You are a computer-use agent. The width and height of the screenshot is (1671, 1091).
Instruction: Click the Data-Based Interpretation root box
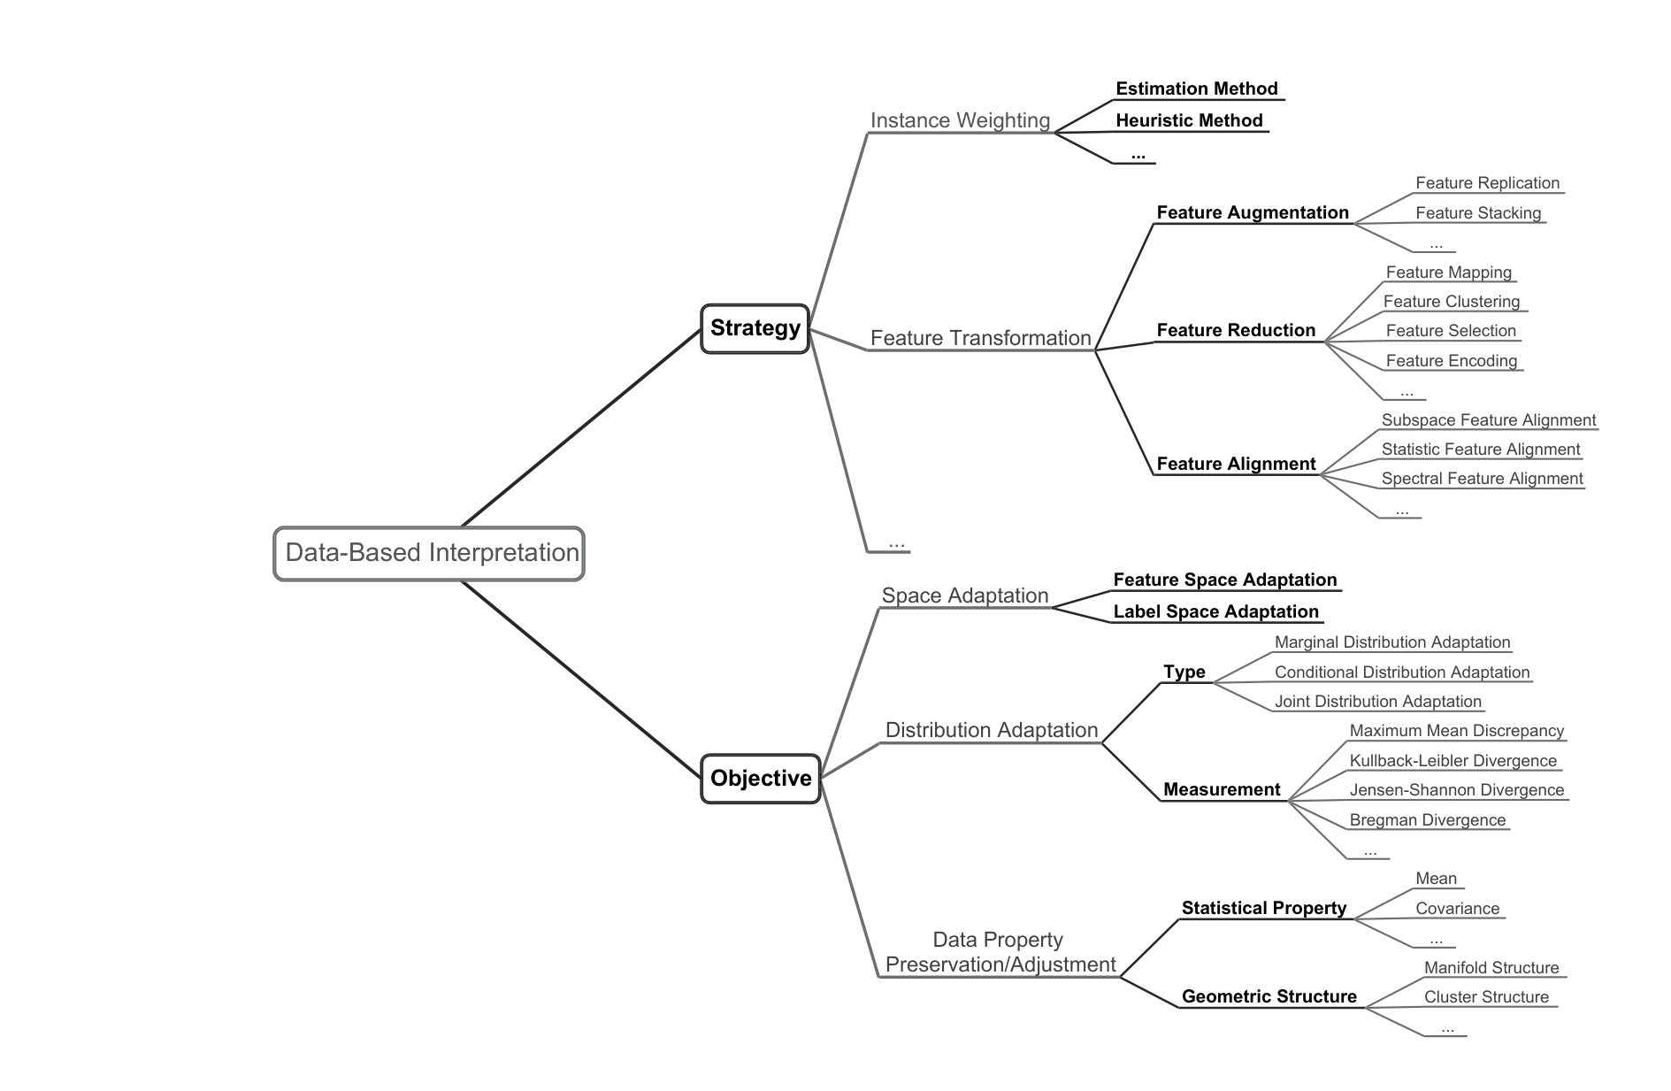429,553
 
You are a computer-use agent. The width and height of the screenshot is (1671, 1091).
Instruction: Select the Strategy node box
755,328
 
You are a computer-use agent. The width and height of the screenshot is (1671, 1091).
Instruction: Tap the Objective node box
761,779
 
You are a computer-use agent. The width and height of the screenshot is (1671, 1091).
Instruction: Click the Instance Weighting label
960,120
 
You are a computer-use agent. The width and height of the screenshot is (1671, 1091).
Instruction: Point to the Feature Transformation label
980,338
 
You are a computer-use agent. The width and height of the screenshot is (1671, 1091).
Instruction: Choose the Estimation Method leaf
1197,88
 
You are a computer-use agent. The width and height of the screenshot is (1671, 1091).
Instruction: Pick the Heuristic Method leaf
1189,120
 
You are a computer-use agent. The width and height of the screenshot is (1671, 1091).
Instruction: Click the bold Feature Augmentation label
1253,212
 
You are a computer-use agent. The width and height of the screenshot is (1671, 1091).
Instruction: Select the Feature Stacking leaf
1478,213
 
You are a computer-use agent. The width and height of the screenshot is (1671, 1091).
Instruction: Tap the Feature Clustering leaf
1452,302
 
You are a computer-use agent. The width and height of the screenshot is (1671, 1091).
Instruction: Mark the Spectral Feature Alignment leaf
1482,479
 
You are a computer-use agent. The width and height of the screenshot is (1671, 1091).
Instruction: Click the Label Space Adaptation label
1215,611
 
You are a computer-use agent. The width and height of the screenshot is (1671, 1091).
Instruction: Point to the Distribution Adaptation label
992,730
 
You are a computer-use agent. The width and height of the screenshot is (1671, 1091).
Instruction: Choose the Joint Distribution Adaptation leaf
1377,702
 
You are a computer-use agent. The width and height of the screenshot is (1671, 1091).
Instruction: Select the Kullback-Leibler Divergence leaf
1453,761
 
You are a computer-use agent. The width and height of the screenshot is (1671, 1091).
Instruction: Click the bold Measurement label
1222,789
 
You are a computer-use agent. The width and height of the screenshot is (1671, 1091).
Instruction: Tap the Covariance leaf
1457,909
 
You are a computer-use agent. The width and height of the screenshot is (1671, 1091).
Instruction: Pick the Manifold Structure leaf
1491,968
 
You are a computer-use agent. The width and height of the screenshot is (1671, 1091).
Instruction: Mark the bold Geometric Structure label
1269,996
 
